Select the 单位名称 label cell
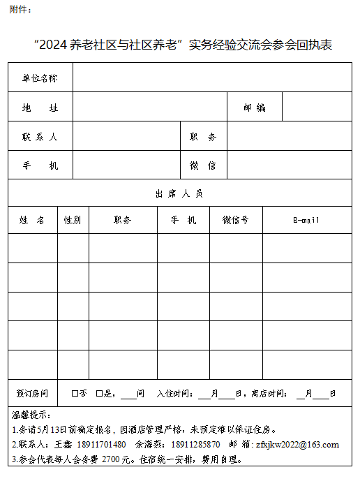[40, 78]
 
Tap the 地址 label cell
[40, 108]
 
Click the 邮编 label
[255, 108]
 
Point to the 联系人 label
[40, 137]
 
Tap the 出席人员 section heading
[180, 193]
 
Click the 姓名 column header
[32, 220]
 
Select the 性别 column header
[73, 220]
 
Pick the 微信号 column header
[235, 220]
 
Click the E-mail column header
[306, 220]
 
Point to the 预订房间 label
[32, 393]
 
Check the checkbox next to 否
[75, 394]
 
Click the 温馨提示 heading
[31, 416]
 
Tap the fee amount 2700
[112, 459]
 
